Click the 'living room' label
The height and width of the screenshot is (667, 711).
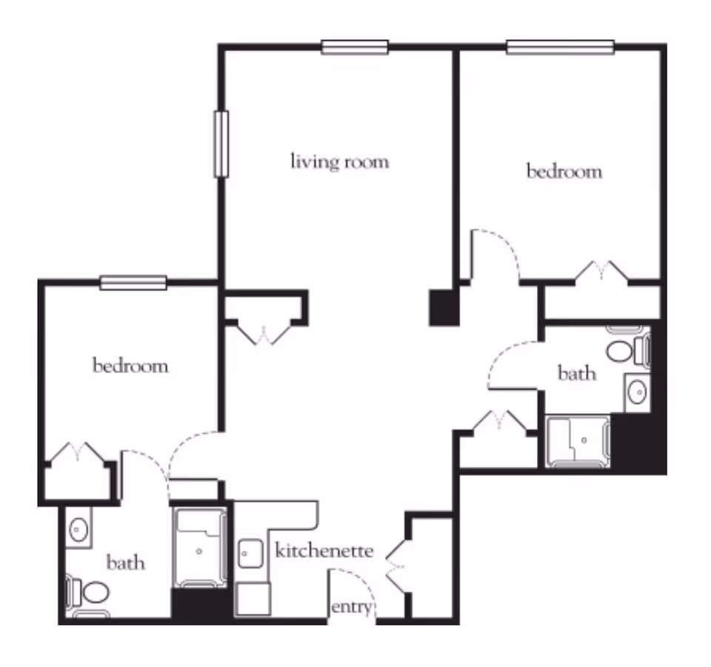coord(339,161)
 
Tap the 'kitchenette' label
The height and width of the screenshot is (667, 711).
coord(324,552)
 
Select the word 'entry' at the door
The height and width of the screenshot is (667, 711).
coord(350,608)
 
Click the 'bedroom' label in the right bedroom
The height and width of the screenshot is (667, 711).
coord(564,172)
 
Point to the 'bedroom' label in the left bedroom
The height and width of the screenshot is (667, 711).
coord(130,366)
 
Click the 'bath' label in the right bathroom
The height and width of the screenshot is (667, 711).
coord(576,373)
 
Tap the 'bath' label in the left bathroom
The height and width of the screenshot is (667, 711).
coord(125,563)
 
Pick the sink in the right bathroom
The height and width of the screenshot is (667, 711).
coord(636,392)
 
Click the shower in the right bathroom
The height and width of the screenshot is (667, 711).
coord(578,441)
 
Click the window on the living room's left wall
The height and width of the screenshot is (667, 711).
coord(221,144)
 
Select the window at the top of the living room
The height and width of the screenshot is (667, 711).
coord(355,48)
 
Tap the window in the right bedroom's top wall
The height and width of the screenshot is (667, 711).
coord(560,48)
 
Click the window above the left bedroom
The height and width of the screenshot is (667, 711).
coord(133,282)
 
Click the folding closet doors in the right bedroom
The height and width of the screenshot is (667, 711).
coord(602,271)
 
